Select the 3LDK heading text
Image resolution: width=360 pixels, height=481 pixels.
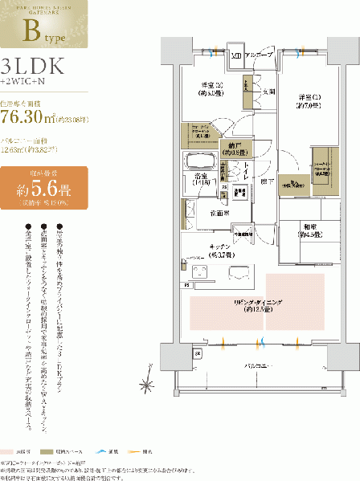[x=35, y=67]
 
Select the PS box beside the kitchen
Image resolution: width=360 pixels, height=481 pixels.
[x=187, y=284]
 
